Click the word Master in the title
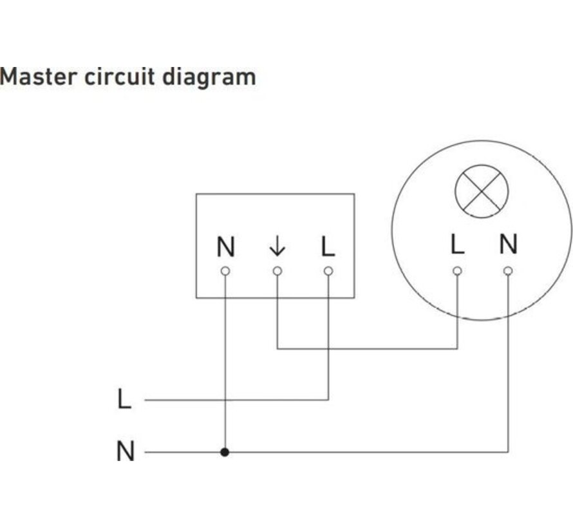[x=38, y=77]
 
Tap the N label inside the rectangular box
[x=225, y=247]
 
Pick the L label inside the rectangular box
[x=328, y=247]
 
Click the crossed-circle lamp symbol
[x=482, y=191]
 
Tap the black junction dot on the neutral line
[x=225, y=452]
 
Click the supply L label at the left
[x=124, y=400]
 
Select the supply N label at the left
[x=126, y=452]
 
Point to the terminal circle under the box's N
[x=225, y=271]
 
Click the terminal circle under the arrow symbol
[x=277, y=271]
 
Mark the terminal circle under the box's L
[x=328, y=271]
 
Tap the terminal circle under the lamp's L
[x=456, y=270]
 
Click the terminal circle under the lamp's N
[x=508, y=270]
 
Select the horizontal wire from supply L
[x=238, y=400]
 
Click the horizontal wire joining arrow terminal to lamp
[x=367, y=349]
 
